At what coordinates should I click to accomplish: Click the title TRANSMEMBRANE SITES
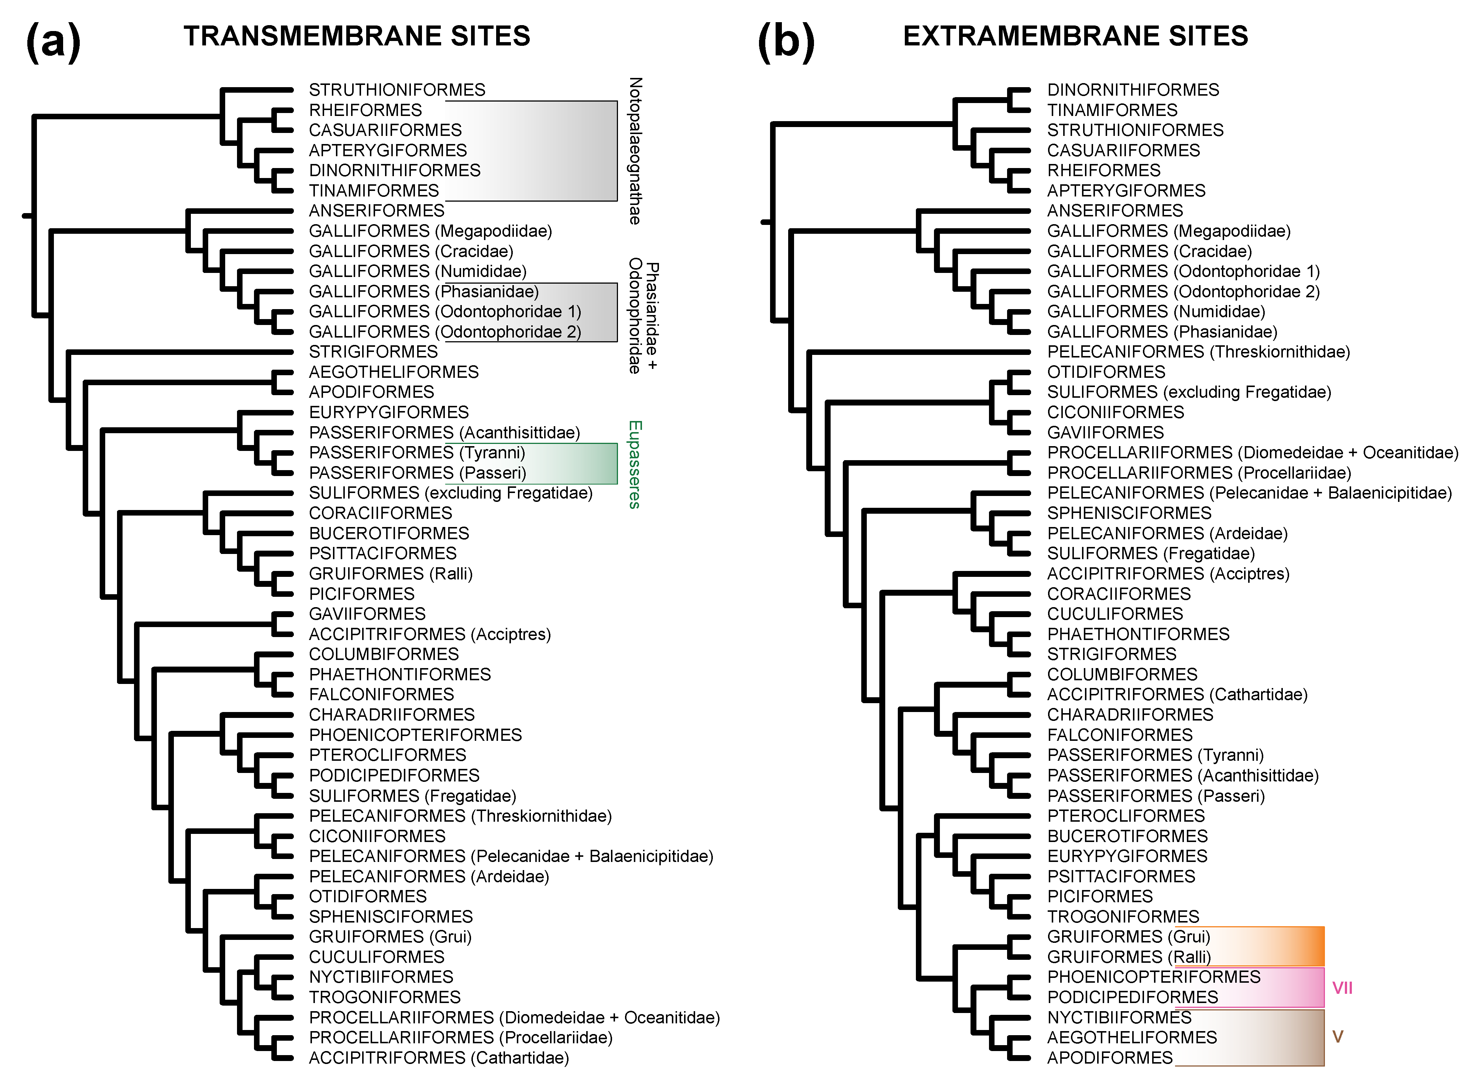[357, 36]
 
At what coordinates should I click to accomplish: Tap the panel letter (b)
[786, 41]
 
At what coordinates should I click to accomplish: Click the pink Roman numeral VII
[1342, 988]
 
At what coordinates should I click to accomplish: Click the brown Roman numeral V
[1337, 1037]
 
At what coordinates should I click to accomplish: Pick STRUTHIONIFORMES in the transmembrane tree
[397, 90]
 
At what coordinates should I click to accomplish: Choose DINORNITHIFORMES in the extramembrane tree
[1133, 90]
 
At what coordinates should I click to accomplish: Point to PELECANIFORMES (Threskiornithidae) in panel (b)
[1198, 352]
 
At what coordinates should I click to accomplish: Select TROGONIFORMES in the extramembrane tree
[1123, 917]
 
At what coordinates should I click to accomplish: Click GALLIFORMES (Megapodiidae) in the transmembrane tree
[430, 231]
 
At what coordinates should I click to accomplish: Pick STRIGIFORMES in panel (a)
[373, 352]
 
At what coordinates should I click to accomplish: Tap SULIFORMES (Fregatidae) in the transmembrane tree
[412, 796]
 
